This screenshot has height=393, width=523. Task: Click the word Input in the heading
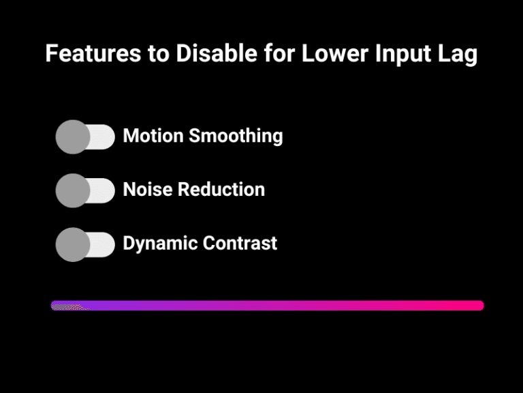point(411,54)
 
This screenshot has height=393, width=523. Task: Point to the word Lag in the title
point(460,54)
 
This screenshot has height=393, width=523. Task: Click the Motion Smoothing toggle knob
point(73,137)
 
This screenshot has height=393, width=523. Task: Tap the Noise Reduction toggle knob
point(73,190)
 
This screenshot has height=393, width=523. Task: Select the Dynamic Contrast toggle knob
point(73,244)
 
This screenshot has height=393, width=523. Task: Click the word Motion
point(153,136)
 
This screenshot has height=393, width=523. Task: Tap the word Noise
point(146,189)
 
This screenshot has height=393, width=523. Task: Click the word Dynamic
point(159,243)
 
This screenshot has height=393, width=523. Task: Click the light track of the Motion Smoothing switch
point(102,137)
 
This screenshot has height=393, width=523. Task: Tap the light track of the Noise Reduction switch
point(102,190)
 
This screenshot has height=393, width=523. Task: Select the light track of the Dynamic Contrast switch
point(102,244)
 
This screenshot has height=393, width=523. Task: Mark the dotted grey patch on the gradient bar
point(68,306)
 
